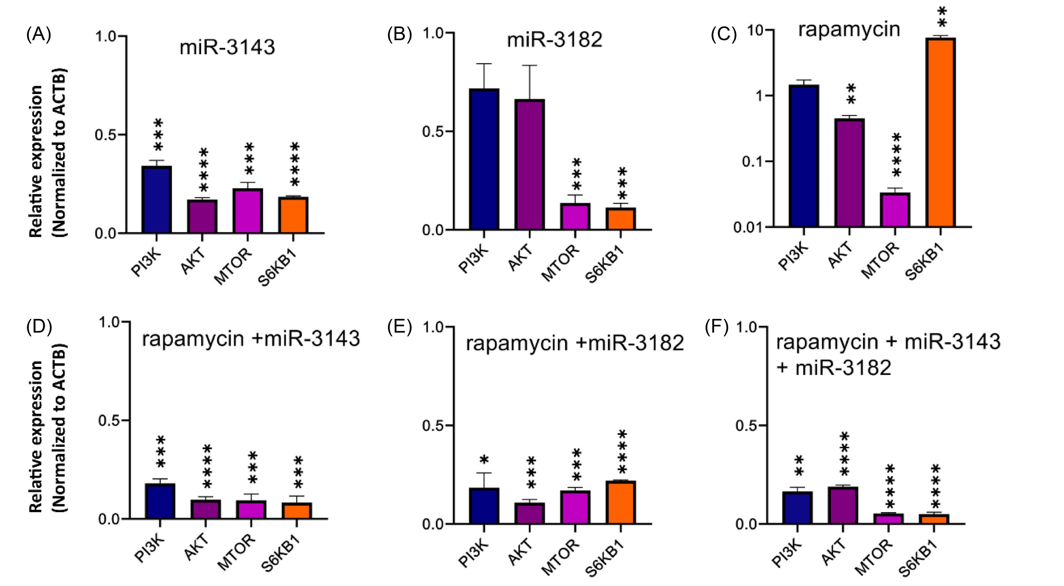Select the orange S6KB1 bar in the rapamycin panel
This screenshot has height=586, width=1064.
[940, 132]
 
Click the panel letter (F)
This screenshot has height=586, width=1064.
[716, 328]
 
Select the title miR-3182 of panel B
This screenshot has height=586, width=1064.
[554, 40]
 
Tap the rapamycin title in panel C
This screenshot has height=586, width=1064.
[849, 30]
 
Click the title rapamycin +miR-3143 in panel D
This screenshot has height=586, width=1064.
[251, 339]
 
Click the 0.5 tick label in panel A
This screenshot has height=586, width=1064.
[106, 135]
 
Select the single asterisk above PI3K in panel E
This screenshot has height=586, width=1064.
[484, 460]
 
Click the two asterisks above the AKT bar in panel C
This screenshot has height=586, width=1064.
[851, 94]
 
